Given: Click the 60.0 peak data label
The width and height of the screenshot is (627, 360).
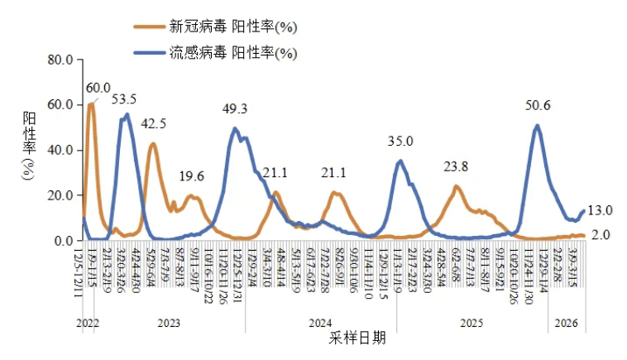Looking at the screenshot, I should pos(98,88).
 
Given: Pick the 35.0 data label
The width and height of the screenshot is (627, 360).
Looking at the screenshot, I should pos(401,142).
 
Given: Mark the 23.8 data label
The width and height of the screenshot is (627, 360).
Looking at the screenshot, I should pos(456,167).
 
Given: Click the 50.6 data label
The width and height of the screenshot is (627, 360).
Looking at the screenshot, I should pos(538,105).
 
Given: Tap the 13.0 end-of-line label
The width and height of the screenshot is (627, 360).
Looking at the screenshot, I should pos(600,209).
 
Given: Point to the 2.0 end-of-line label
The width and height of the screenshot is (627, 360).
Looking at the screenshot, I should pos(601,235).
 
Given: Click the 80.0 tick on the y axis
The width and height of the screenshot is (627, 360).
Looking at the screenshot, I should pos(61,60).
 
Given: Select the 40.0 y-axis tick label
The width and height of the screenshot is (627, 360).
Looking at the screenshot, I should pos(61,150).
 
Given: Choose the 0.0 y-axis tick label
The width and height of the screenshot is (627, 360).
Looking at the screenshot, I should pos(65,241).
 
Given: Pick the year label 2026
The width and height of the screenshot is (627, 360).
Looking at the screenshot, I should pos(566,324).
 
